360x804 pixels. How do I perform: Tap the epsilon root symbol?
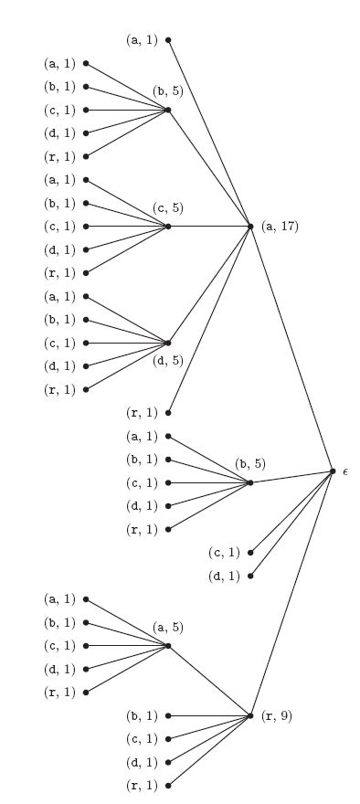[345, 471]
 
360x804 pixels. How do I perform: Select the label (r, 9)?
[275, 715]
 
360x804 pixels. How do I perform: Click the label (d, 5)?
[168, 359]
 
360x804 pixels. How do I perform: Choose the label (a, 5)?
[168, 628]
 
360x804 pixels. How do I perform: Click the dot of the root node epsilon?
[334, 471]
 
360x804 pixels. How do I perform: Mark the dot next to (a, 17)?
[250, 226]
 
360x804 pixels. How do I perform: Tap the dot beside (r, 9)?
[250, 715]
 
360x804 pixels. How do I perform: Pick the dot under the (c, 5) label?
[168, 226]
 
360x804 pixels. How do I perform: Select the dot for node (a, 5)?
[168, 646]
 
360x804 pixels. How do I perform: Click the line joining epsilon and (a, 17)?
[292, 349]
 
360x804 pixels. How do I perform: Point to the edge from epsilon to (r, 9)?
[292, 594]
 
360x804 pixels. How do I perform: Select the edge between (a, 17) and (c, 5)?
[209, 226]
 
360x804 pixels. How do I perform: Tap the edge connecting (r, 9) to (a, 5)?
[209, 681]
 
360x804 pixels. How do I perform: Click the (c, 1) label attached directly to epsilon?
[224, 552]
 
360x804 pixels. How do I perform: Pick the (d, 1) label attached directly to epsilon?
[224, 576]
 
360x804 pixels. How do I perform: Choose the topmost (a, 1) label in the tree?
[142, 40]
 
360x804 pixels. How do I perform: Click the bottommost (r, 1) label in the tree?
[142, 785]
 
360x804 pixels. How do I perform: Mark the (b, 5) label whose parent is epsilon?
[249, 464]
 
